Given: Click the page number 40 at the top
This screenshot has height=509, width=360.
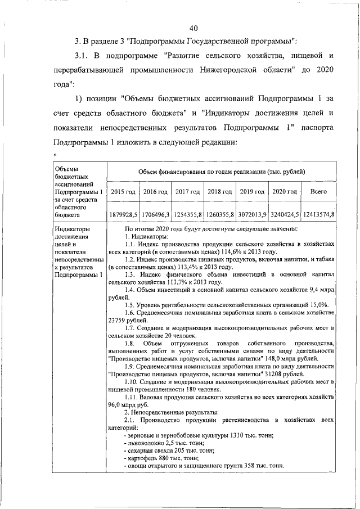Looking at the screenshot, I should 194,29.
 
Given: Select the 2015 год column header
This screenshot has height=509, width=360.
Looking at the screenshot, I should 123,192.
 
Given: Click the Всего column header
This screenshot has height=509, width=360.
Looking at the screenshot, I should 319,192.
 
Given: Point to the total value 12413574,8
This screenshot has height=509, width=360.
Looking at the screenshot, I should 319,214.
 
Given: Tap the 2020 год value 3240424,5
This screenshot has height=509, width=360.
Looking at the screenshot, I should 285,214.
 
